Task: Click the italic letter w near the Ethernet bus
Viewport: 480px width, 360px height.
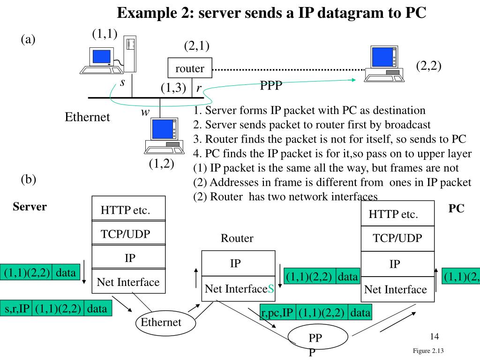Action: [x=145, y=112]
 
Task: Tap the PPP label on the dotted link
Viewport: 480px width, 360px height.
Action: [x=271, y=86]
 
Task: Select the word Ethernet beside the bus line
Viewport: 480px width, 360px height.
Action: [x=87, y=117]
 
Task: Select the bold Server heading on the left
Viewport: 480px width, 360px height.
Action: [x=30, y=207]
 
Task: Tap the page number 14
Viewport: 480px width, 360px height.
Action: [x=435, y=337]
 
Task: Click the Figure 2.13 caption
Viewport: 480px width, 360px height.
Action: [x=428, y=351]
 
